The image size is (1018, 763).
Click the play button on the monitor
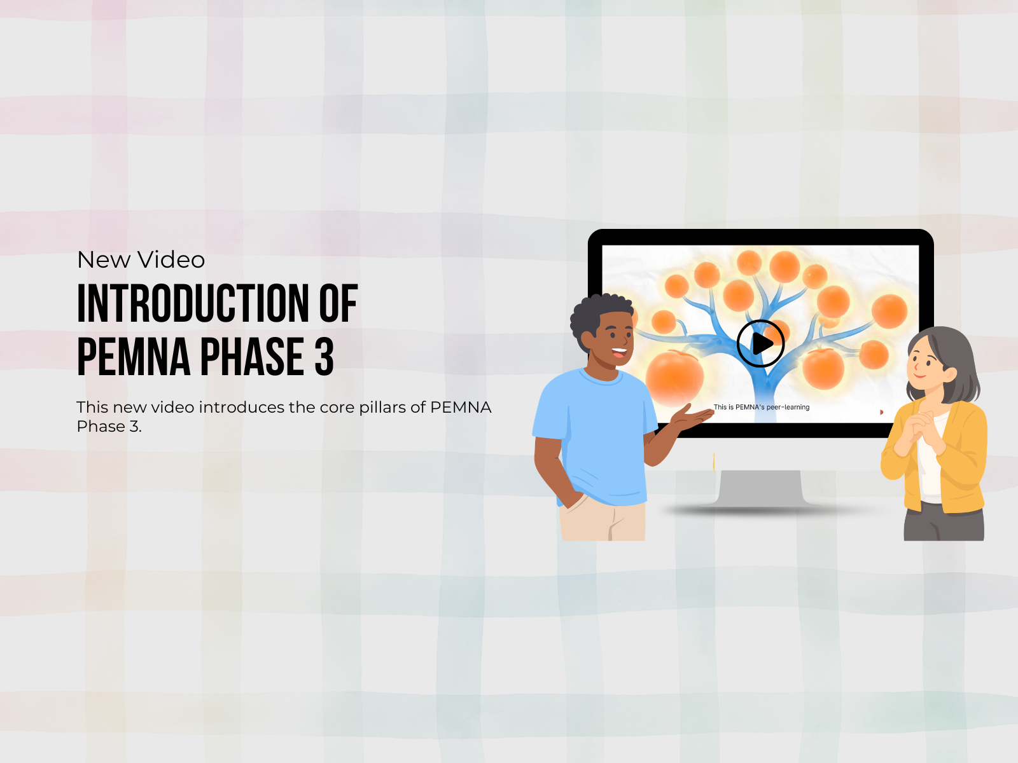point(760,344)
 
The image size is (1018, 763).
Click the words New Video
point(141,259)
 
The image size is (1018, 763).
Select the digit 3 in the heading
point(324,356)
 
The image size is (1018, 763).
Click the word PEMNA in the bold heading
point(134,356)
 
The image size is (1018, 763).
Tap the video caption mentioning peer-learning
point(761,407)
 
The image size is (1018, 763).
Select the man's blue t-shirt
point(598,436)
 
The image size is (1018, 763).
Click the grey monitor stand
point(760,489)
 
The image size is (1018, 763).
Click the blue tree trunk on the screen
point(765,389)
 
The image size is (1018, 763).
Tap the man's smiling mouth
point(618,353)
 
